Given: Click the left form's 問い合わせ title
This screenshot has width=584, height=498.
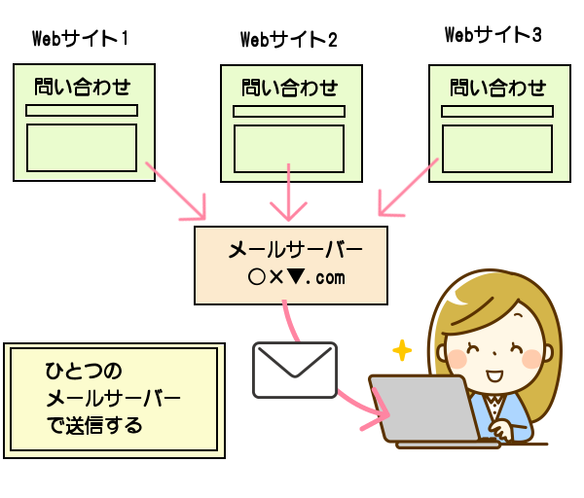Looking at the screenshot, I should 83,88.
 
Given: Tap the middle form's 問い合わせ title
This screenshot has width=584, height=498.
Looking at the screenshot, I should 290,88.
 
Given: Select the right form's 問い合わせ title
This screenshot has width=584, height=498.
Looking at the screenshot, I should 498,88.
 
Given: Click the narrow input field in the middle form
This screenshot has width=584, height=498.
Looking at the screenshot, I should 289,111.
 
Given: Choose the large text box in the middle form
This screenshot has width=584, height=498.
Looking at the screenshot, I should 289,148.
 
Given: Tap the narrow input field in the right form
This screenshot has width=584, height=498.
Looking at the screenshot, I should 497,111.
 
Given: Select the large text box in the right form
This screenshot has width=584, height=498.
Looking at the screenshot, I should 497,148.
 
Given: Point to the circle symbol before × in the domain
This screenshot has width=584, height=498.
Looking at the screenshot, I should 256,277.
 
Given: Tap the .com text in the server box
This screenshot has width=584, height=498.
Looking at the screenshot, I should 327,278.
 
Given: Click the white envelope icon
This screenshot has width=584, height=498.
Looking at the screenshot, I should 295,370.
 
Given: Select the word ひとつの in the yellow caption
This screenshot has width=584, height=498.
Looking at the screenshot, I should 84,371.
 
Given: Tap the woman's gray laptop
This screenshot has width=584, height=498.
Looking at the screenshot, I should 424,409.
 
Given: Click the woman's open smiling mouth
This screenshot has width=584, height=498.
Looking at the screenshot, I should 493,375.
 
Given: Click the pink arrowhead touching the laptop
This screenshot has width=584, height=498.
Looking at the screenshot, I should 380,415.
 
